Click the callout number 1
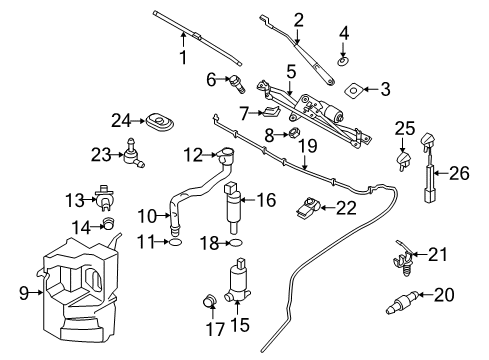182,59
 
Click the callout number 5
291,72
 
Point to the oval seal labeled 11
174,242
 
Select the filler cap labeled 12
225,154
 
